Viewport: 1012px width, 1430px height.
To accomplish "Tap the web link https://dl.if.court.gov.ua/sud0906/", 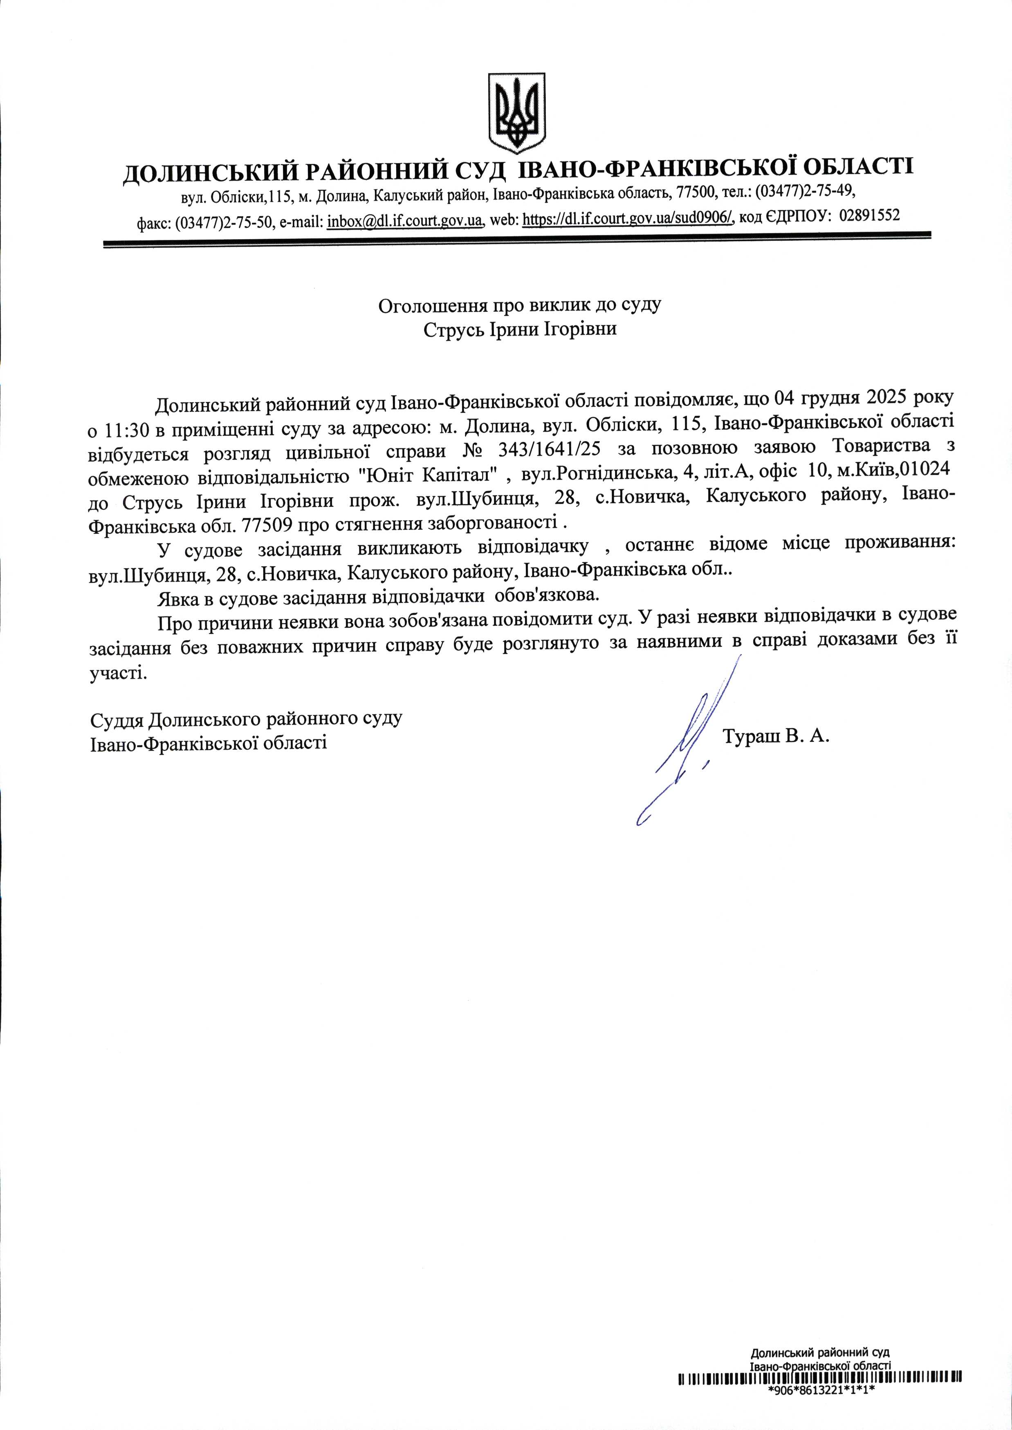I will coord(629,219).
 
